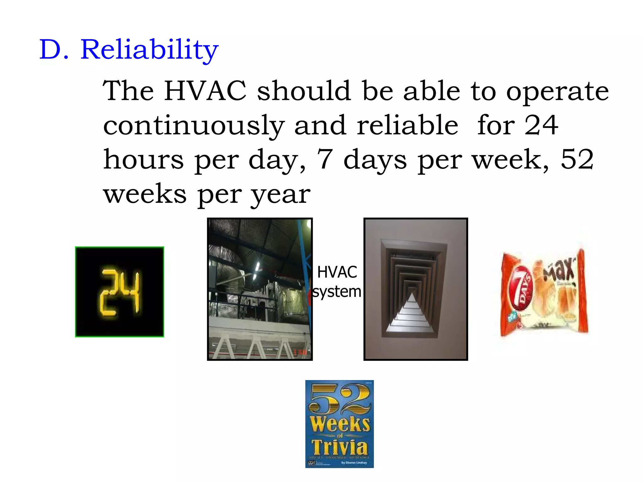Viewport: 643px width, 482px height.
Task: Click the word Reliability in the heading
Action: (x=149, y=50)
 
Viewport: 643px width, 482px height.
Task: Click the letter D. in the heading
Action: (x=54, y=50)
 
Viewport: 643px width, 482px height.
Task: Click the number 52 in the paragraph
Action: (x=577, y=159)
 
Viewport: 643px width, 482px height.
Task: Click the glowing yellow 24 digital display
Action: (x=120, y=292)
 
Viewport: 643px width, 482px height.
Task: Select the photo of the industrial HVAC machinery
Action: (x=260, y=289)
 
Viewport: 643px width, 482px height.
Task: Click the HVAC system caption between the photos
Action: (x=337, y=281)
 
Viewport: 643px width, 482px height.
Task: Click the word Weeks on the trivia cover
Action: (x=340, y=424)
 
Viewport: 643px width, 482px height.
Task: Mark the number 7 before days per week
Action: (x=325, y=159)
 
